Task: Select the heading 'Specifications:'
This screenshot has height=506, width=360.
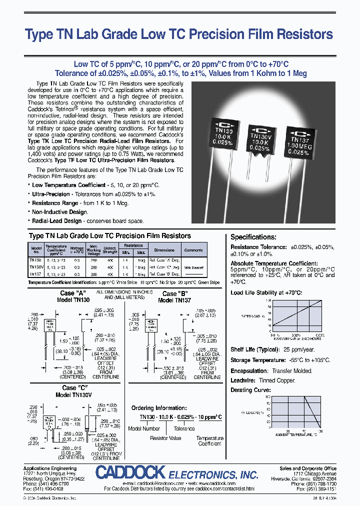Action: (253, 237)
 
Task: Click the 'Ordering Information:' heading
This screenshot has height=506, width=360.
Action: (159, 408)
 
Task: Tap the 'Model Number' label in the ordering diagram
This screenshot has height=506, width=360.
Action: (144, 428)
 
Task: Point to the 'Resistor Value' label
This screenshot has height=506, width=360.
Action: (165, 438)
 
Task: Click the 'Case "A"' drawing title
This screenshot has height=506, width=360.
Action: (74, 293)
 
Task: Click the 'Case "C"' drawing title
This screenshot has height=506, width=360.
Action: (76, 387)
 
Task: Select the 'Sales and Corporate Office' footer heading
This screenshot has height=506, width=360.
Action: (308, 468)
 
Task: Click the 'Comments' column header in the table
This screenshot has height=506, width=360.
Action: (193, 250)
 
